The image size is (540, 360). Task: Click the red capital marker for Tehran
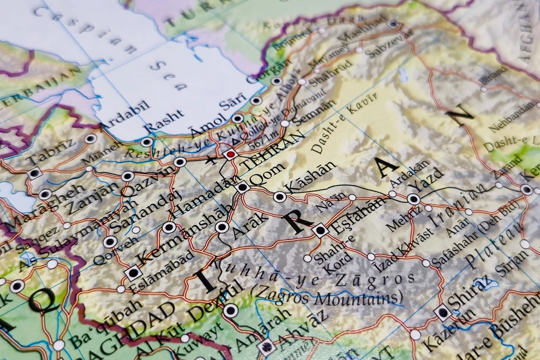point(230,154)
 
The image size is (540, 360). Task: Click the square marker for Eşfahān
point(320,230)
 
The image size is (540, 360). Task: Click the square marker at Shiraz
point(442,313)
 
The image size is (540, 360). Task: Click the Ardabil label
point(125,115)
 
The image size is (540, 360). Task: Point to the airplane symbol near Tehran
point(209,159)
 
